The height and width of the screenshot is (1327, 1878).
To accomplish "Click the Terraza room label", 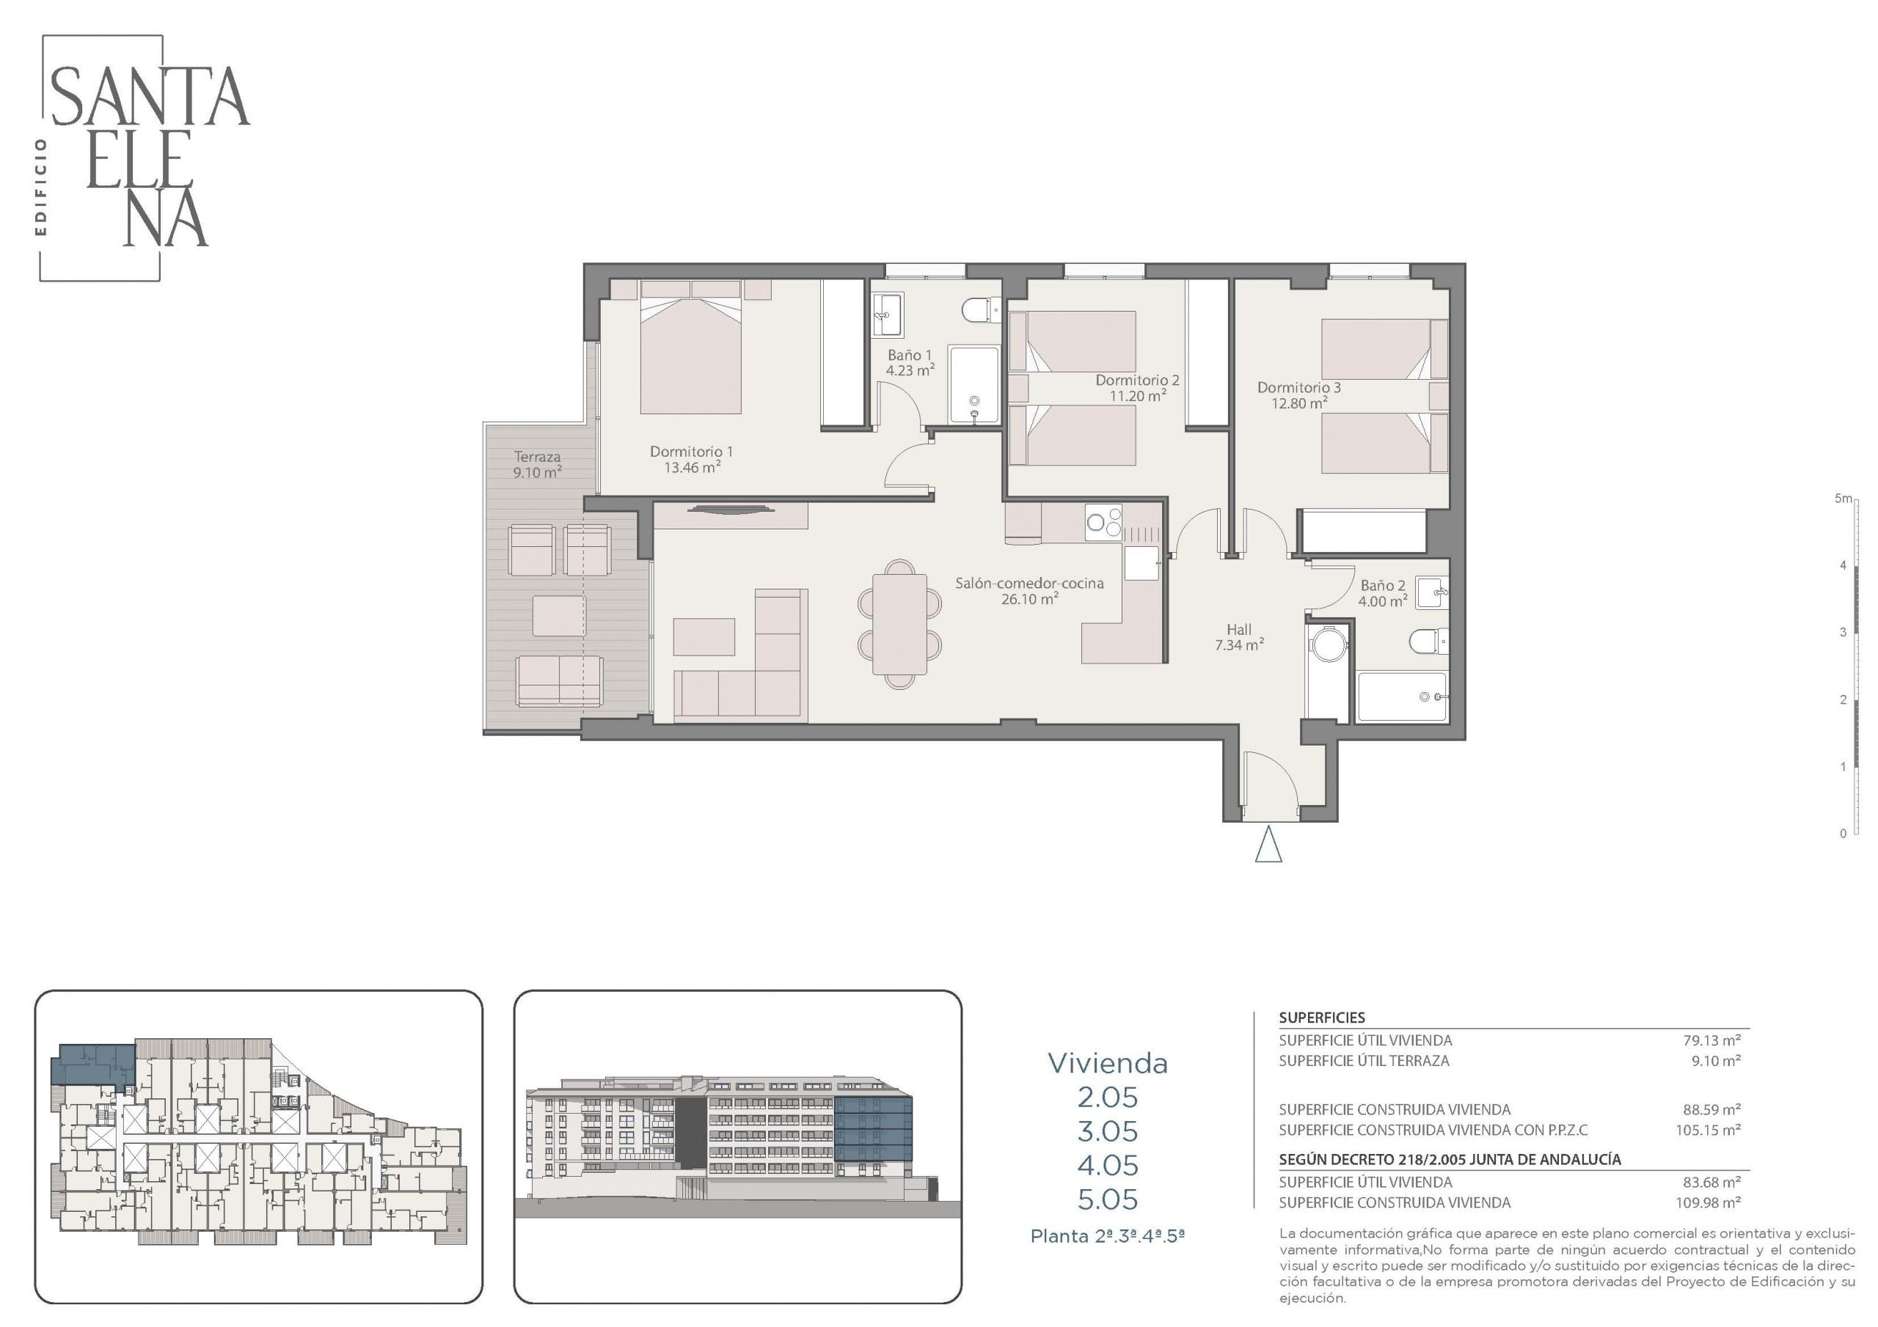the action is tap(538, 464).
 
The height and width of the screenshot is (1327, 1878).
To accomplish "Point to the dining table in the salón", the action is tap(899, 624).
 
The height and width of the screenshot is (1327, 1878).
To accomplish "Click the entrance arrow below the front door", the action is tap(1268, 845).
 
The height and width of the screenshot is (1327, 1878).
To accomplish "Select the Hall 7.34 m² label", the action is tap(1239, 637).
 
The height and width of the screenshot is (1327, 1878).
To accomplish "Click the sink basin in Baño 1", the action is tap(887, 314).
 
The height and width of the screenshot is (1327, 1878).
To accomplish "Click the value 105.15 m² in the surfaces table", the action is tap(1708, 1130).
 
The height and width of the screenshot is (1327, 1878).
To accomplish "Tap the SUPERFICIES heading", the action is tap(1322, 1018).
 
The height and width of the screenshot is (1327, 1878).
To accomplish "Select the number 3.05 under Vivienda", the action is tap(1108, 1131).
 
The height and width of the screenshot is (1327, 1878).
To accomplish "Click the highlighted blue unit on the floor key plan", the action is tap(92, 1064).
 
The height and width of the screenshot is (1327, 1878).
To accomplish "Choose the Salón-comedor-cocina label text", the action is tap(1030, 583).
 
